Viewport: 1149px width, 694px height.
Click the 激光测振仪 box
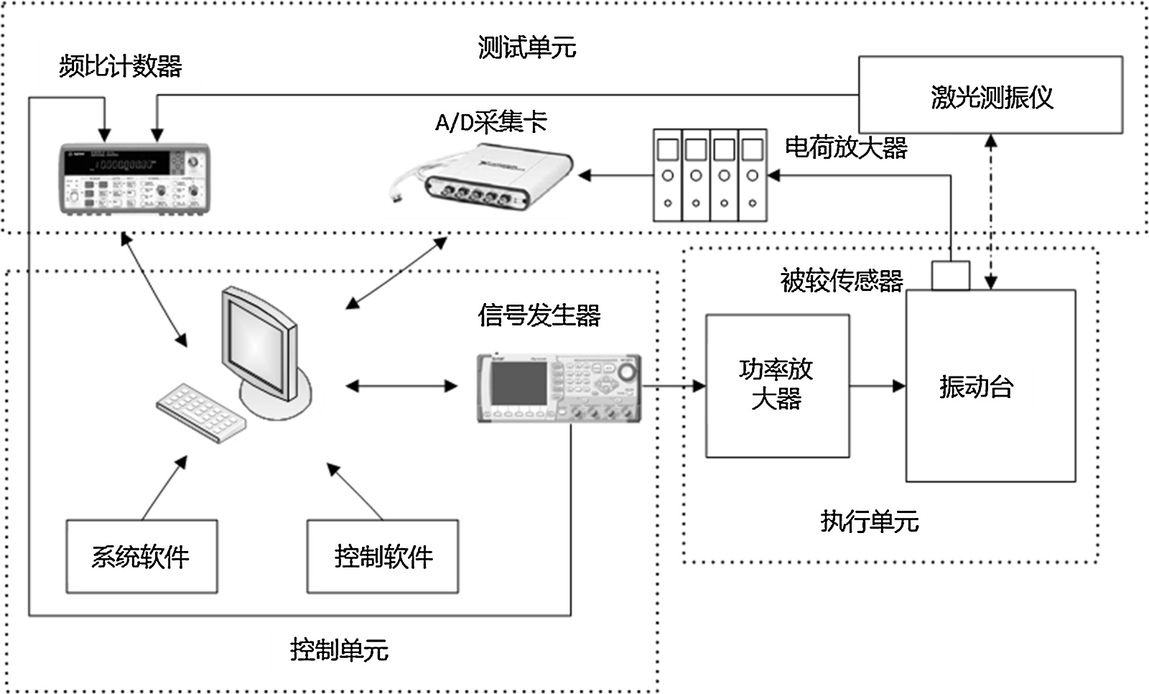pyautogui.click(x=990, y=96)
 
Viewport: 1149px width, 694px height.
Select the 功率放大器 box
pyautogui.click(x=777, y=386)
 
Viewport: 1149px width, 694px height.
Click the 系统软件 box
pyautogui.click(x=141, y=557)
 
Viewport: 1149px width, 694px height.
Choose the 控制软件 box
pyautogui.click(x=383, y=557)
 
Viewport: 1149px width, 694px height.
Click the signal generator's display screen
pyautogui.click(x=518, y=384)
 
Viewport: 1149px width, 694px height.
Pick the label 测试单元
pyautogui.click(x=527, y=48)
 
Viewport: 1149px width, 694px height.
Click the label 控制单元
pyautogui.click(x=339, y=650)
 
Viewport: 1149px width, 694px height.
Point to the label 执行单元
pyautogui.click(x=869, y=522)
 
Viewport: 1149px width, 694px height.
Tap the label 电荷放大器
pyautogui.click(x=846, y=148)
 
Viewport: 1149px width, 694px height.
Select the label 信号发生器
pyautogui.click(x=539, y=315)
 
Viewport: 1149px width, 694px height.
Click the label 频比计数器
pyautogui.click(x=120, y=67)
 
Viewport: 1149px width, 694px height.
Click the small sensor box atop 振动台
pyautogui.click(x=950, y=276)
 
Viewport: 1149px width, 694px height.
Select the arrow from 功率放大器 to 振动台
pyautogui.click(x=877, y=386)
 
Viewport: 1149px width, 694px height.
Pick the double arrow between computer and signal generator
pyautogui.click(x=401, y=386)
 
